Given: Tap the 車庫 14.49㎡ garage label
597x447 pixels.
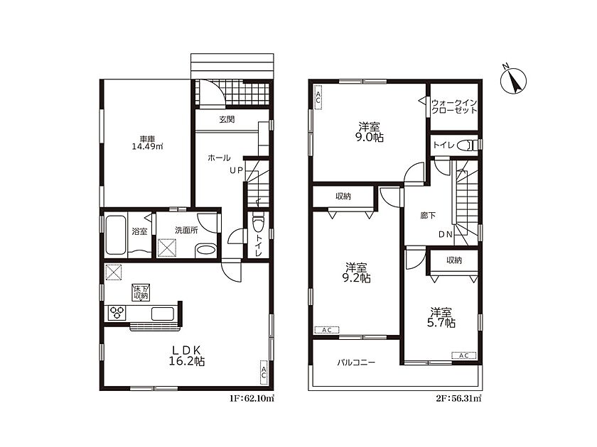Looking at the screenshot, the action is (x=147, y=143).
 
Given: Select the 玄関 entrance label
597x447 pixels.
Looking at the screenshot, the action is (x=227, y=119).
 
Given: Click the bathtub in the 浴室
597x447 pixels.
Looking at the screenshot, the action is (x=115, y=235).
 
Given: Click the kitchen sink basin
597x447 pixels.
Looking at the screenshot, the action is (x=163, y=314).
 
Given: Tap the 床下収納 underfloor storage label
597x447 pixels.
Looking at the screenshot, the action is (x=141, y=292).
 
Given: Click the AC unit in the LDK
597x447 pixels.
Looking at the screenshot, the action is (x=264, y=370).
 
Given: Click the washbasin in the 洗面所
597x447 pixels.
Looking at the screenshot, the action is (x=205, y=251).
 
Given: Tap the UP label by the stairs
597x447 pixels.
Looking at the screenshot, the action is (x=236, y=171).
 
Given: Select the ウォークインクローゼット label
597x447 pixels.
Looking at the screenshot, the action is (x=454, y=106).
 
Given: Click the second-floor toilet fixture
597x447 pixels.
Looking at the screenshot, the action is (x=467, y=145).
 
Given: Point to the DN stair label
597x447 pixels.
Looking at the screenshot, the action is (x=446, y=235).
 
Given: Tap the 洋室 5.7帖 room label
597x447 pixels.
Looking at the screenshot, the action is (x=441, y=318).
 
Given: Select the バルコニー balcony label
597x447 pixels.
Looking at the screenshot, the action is (x=356, y=363).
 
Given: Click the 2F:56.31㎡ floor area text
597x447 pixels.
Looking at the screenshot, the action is (x=459, y=399).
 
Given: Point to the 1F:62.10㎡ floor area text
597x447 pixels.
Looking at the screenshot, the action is (x=252, y=399).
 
